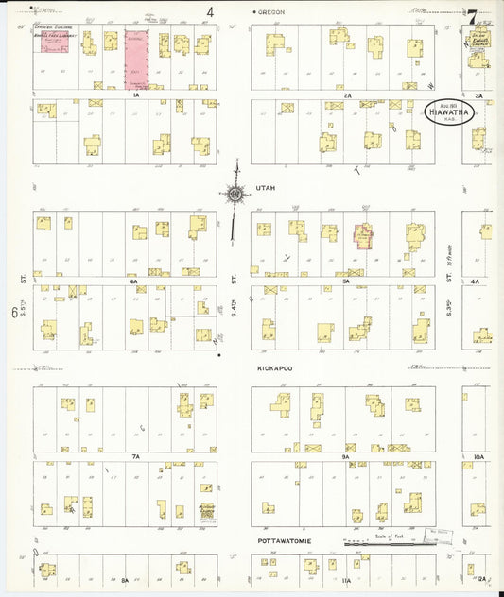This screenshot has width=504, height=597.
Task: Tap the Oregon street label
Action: pos(271,11)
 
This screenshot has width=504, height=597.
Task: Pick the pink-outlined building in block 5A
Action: pos(362,236)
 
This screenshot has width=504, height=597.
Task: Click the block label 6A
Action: pos(135,281)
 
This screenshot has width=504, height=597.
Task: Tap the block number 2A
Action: pos(347,95)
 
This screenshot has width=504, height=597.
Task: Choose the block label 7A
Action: pos(135,456)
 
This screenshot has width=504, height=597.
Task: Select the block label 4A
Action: pos(476,281)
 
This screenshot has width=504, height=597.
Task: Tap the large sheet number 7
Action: pos(470,16)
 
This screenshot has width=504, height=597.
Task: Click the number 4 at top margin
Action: pos(210,12)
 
